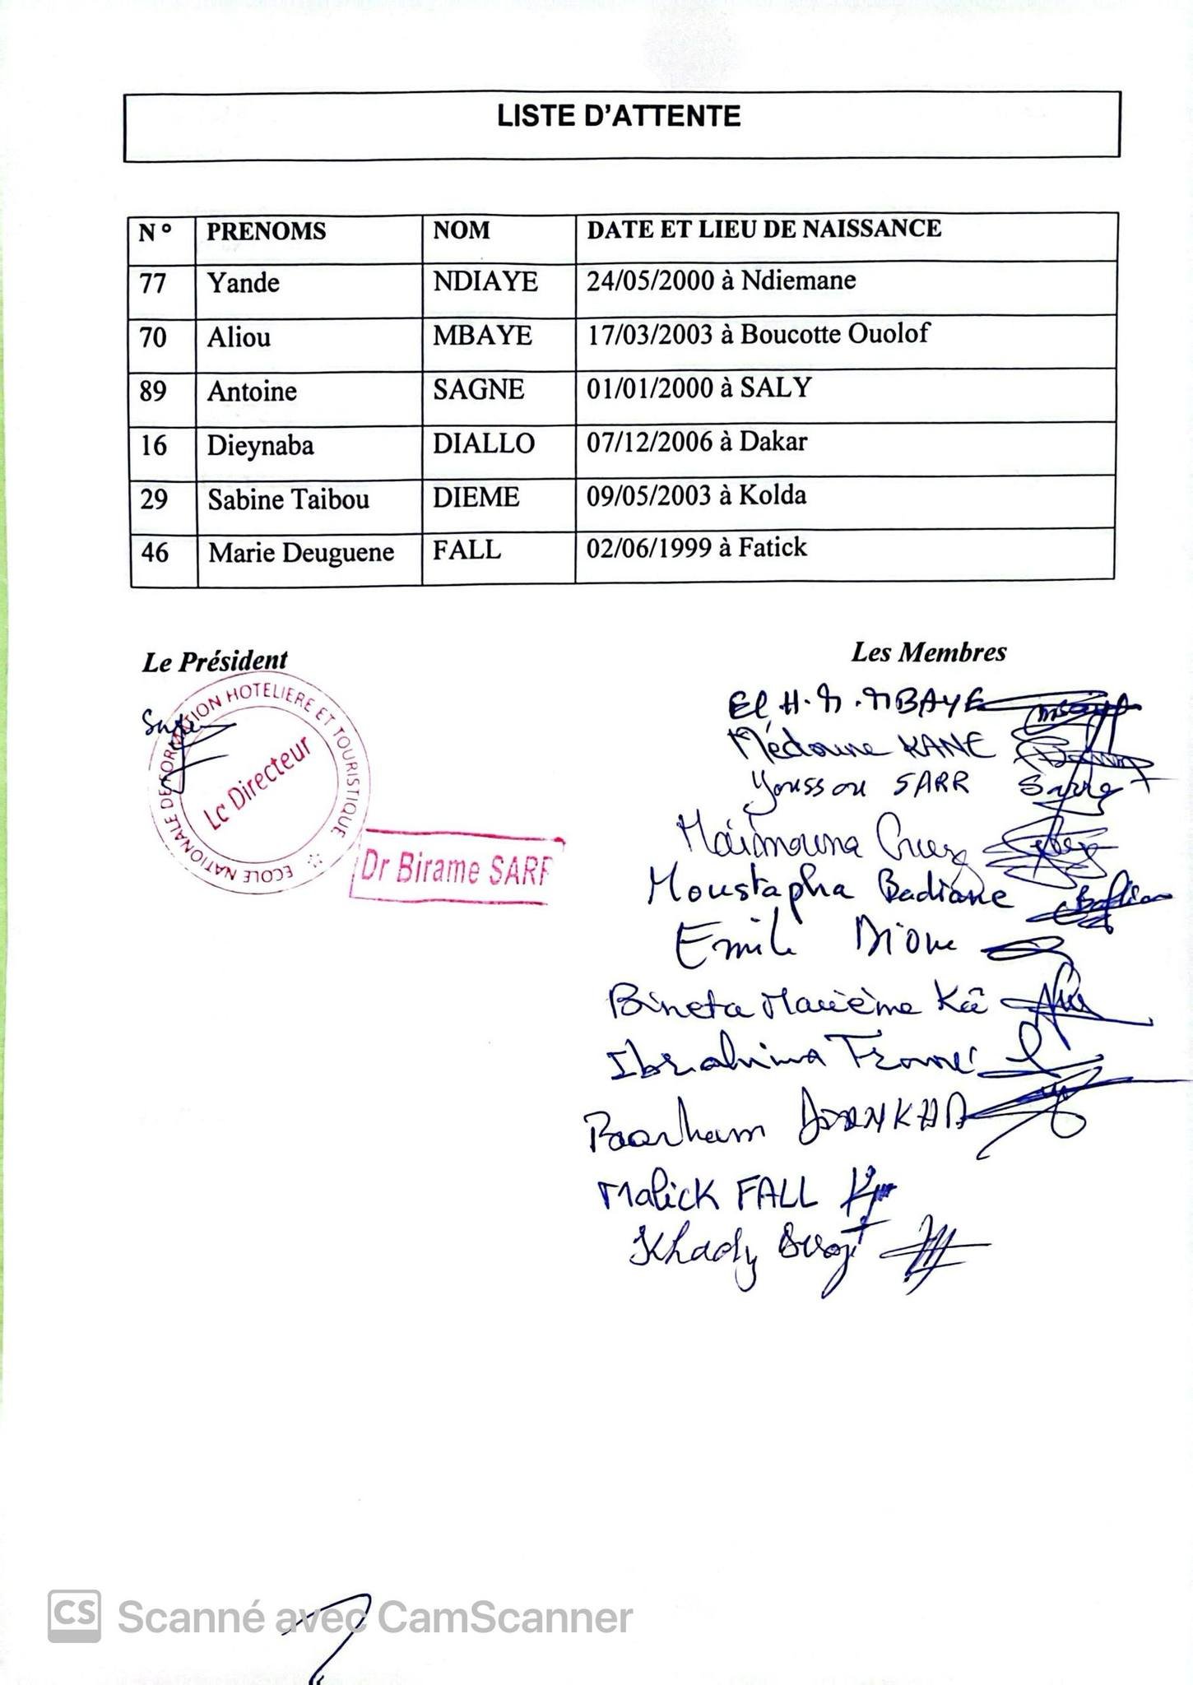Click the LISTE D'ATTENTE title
619,116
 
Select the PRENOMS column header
266,231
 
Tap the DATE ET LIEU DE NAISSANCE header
764,229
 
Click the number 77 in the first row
153,284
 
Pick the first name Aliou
239,337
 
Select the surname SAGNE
478,389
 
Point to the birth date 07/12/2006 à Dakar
696,442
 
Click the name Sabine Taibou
288,499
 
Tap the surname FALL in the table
467,550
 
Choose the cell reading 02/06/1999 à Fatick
696,548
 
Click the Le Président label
215,661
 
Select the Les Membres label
928,652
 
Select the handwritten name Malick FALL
708,1194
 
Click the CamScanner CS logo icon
74,1617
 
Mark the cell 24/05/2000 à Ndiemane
721,281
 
